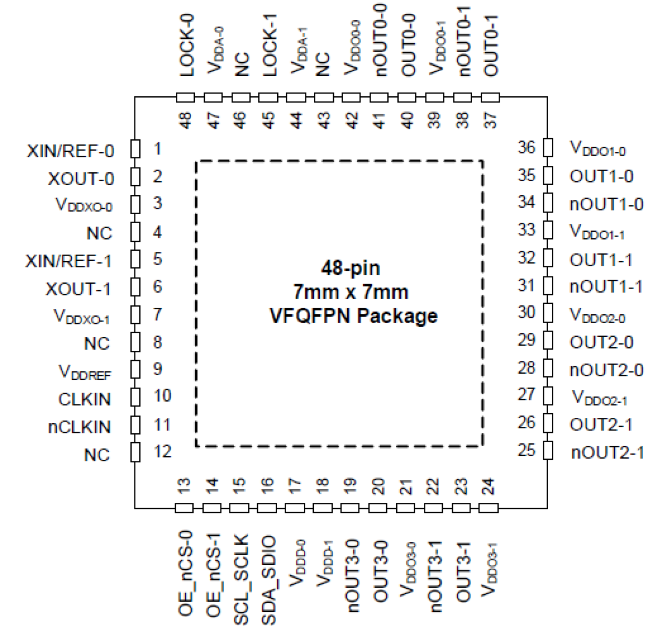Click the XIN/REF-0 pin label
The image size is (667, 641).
point(70,151)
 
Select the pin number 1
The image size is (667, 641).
point(157,149)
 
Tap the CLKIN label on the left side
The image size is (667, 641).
point(84,399)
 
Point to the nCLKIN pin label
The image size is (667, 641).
point(79,427)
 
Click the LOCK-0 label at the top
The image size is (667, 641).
point(187,46)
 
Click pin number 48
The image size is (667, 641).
point(185,120)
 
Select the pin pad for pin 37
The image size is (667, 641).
point(490,98)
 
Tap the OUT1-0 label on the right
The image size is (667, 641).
point(601,176)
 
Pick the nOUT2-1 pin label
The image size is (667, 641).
point(608,453)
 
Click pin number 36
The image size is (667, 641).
point(526,147)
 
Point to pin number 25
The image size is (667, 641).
point(526,450)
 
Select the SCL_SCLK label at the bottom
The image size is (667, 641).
point(241,579)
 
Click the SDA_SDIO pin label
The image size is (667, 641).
point(268,579)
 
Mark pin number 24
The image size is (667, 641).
point(488,486)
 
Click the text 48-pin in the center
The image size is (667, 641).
point(350,268)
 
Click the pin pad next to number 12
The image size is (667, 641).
point(135,452)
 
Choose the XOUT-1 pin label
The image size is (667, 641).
point(78,289)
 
